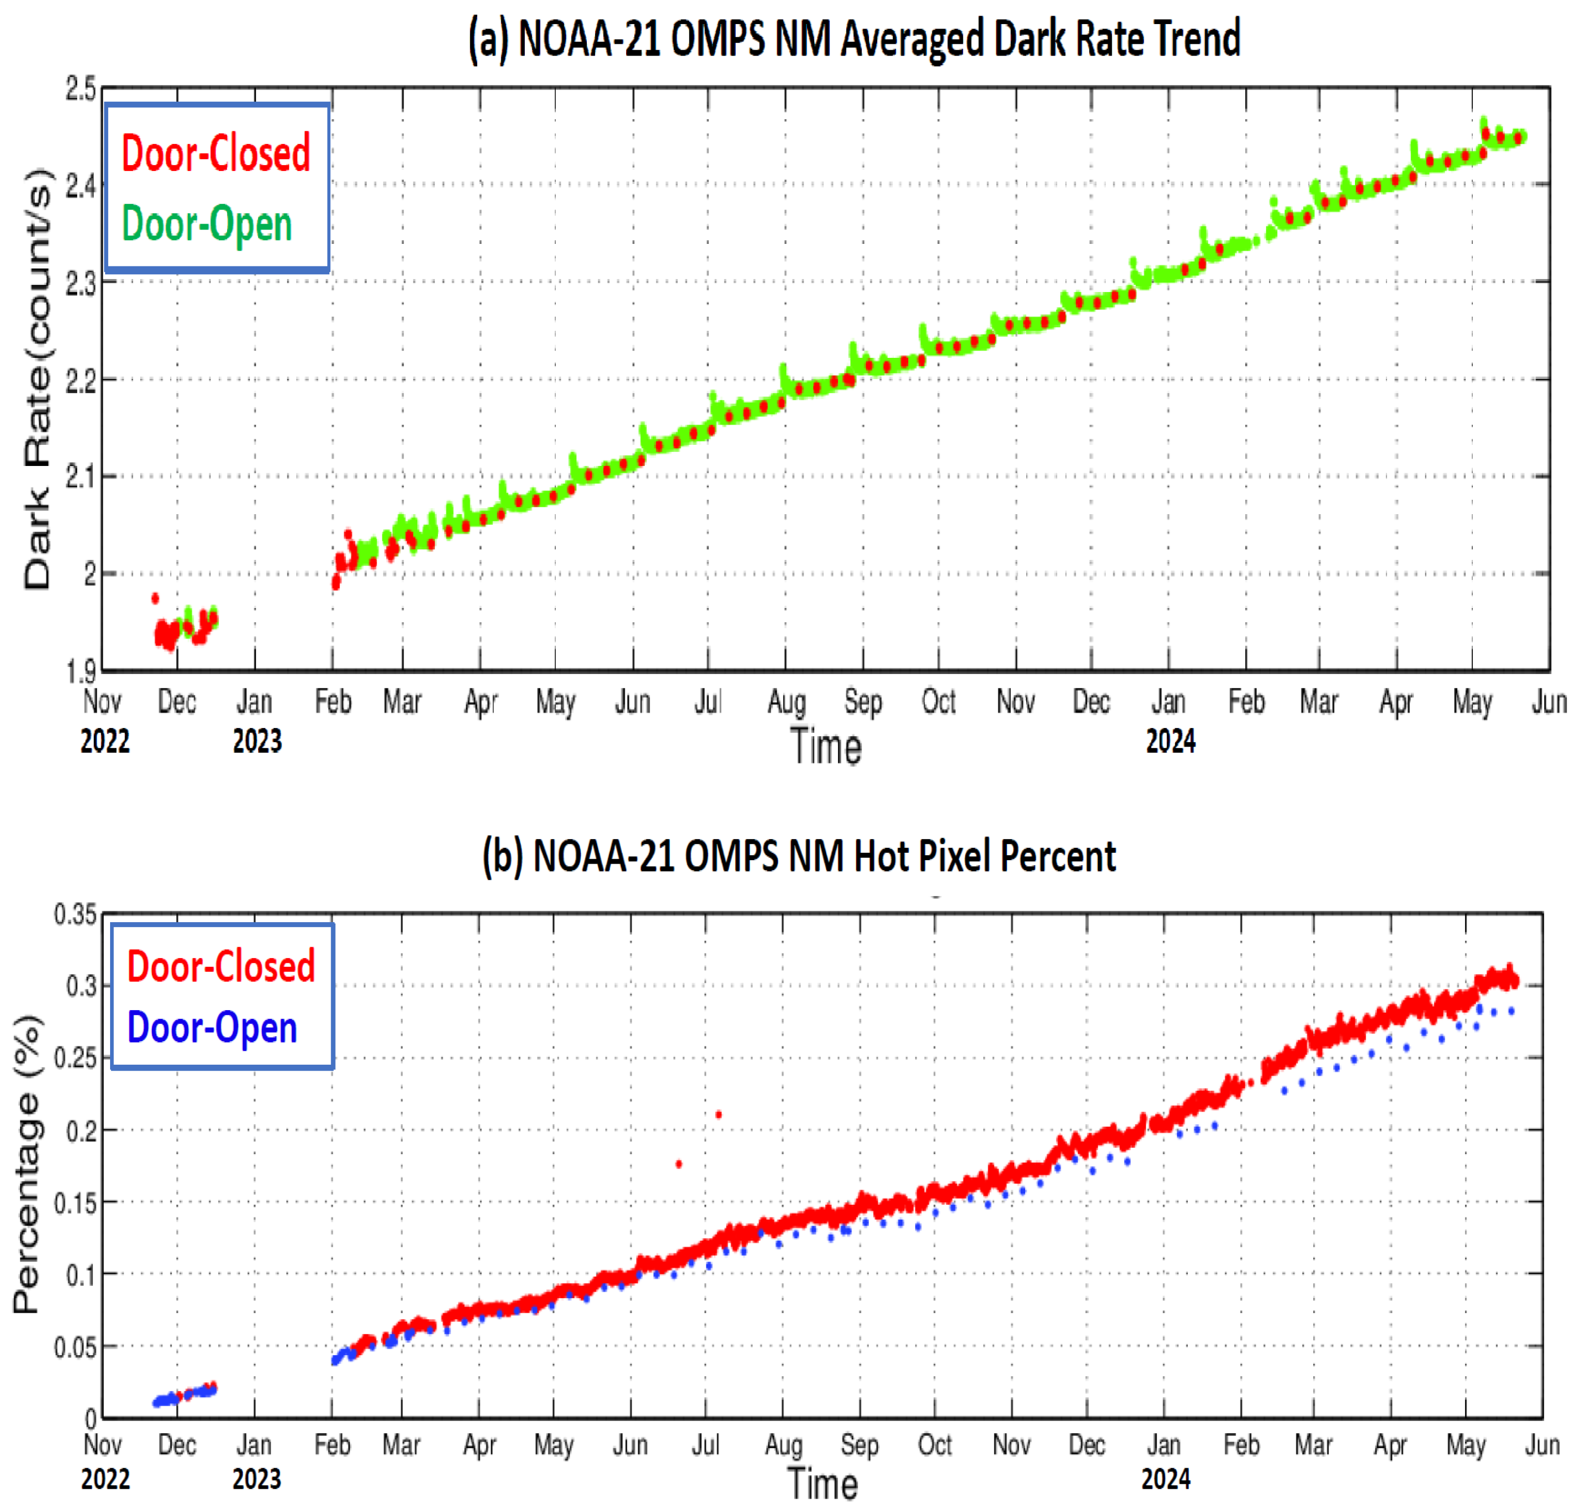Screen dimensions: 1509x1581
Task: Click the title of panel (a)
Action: [x=854, y=39]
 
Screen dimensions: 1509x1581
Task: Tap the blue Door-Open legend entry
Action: [x=212, y=1028]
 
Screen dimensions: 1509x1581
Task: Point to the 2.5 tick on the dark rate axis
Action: [x=81, y=88]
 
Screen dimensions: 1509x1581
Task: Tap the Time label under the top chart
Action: [x=826, y=747]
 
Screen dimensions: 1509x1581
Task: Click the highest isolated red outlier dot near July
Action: [x=718, y=1115]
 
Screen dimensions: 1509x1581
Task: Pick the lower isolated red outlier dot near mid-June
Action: [x=679, y=1164]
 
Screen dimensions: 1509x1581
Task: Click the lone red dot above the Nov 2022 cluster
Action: [x=155, y=598]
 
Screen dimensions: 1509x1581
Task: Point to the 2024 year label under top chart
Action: [x=1170, y=741]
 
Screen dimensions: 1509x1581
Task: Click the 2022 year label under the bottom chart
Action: [x=105, y=1479]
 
